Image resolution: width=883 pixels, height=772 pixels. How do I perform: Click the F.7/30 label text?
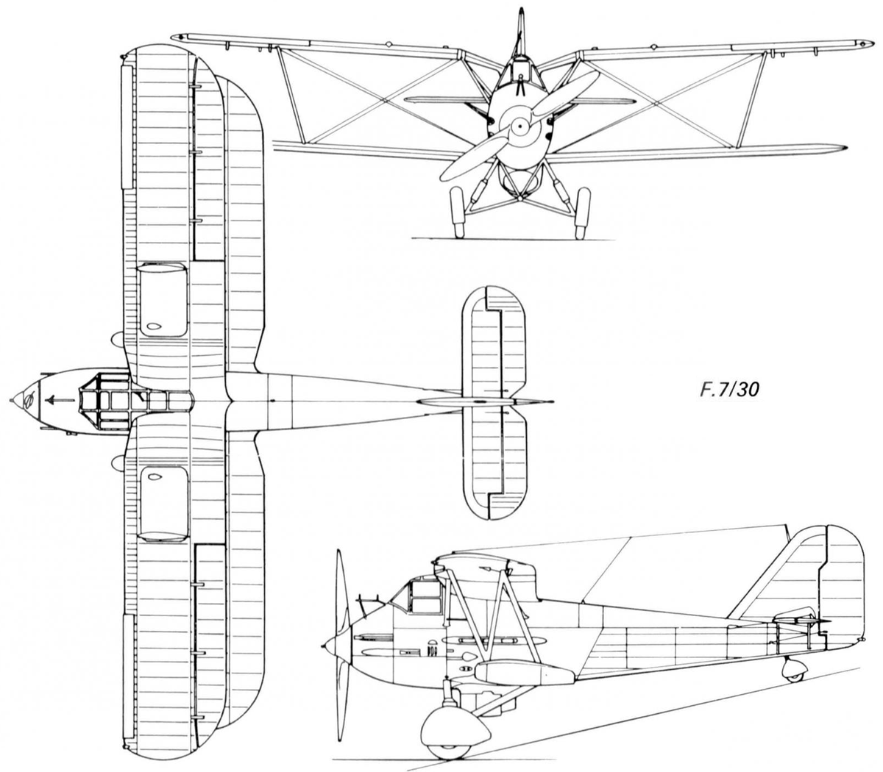point(728,390)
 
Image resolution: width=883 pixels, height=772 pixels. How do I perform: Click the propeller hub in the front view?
point(520,126)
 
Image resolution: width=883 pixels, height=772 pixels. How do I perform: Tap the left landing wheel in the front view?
point(457,212)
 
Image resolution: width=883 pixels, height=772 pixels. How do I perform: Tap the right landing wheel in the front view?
point(583,212)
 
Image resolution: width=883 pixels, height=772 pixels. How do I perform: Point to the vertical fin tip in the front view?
point(522,10)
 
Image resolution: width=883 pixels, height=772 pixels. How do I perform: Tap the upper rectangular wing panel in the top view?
point(163,300)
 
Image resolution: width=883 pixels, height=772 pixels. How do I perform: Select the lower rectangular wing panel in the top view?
point(164,504)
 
